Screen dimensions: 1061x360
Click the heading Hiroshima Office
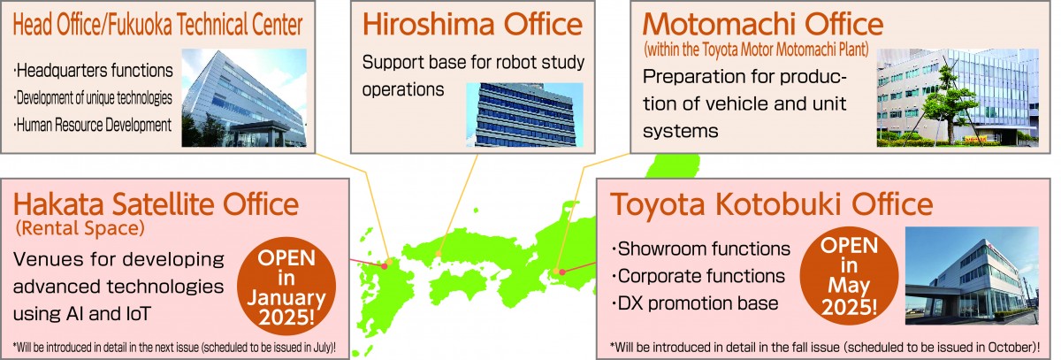[472, 25]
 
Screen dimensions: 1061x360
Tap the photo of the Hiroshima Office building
[525, 115]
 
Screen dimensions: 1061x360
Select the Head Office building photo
[244, 97]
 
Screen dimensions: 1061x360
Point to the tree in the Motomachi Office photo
[945, 102]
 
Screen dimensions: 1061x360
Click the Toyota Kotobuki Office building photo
[972, 276]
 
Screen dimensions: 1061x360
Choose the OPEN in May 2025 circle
[849, 276]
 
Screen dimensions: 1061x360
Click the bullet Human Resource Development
[93, 126]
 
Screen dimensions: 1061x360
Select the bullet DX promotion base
[695, 303]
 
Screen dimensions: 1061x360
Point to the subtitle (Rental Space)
[80, 229]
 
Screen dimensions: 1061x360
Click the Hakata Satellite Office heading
[156, 204]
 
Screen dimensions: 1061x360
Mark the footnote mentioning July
[174, 348]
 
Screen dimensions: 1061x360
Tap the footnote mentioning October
[825, 348]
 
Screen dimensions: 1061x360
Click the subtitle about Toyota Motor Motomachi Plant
[756, 50]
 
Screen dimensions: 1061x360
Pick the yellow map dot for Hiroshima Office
[439, 254]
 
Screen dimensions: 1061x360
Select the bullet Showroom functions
[701, 249]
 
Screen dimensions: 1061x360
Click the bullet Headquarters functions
[94, 71]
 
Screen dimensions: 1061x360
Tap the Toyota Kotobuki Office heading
[772, 204]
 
